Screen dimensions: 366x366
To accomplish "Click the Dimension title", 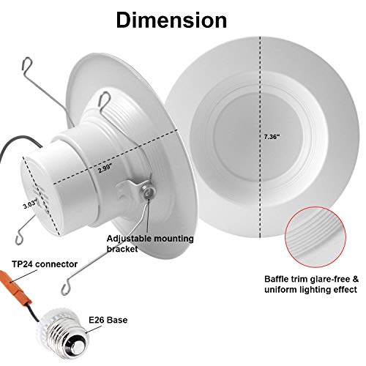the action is (171, 20).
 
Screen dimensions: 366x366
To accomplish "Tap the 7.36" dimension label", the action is (272, 137).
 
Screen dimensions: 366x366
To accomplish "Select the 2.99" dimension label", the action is (105, 168).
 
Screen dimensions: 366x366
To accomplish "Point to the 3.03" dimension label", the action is (30, 204).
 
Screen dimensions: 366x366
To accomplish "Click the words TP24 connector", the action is (45, 264).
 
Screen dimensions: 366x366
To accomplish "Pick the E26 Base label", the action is (108, 320).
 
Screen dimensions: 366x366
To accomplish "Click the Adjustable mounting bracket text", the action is (150, 244).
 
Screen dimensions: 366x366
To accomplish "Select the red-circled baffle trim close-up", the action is (315, 237).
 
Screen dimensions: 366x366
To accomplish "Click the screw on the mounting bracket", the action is (146, 192).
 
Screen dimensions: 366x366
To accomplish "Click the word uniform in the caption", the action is (280, 290).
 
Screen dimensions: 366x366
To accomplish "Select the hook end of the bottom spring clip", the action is (66, 288).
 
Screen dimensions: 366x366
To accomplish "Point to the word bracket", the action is (122, 249).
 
